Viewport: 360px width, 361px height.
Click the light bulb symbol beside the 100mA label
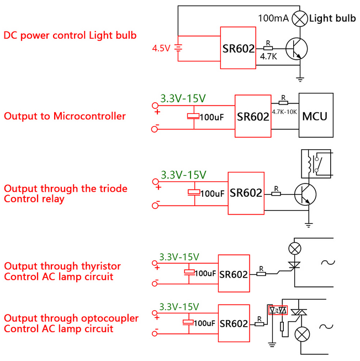(x=300, y=18)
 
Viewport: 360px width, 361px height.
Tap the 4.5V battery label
(x=161, y=48)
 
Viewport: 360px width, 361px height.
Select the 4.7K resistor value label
(x=268, y=56)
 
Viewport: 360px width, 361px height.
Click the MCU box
(x=315, y=116)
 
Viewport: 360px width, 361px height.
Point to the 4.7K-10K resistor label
(x=284, y=112)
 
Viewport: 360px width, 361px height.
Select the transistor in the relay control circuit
(x=304, y=193)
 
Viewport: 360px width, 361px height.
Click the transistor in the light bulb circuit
(x=296, y=49)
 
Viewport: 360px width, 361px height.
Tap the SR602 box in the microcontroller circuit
(x=253, y=116)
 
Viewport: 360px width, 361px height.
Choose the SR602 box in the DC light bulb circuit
(x=238, y=48)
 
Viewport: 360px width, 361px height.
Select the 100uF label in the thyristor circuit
(x=205, y=273)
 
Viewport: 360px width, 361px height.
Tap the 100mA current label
(x=272, y=18)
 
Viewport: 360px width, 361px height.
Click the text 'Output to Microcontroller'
(x=65, y=116)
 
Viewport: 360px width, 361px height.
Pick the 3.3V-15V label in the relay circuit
(x=183, y=175)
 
